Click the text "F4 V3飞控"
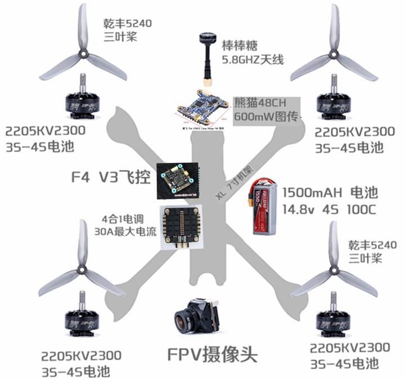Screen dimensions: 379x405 (111, 179)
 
